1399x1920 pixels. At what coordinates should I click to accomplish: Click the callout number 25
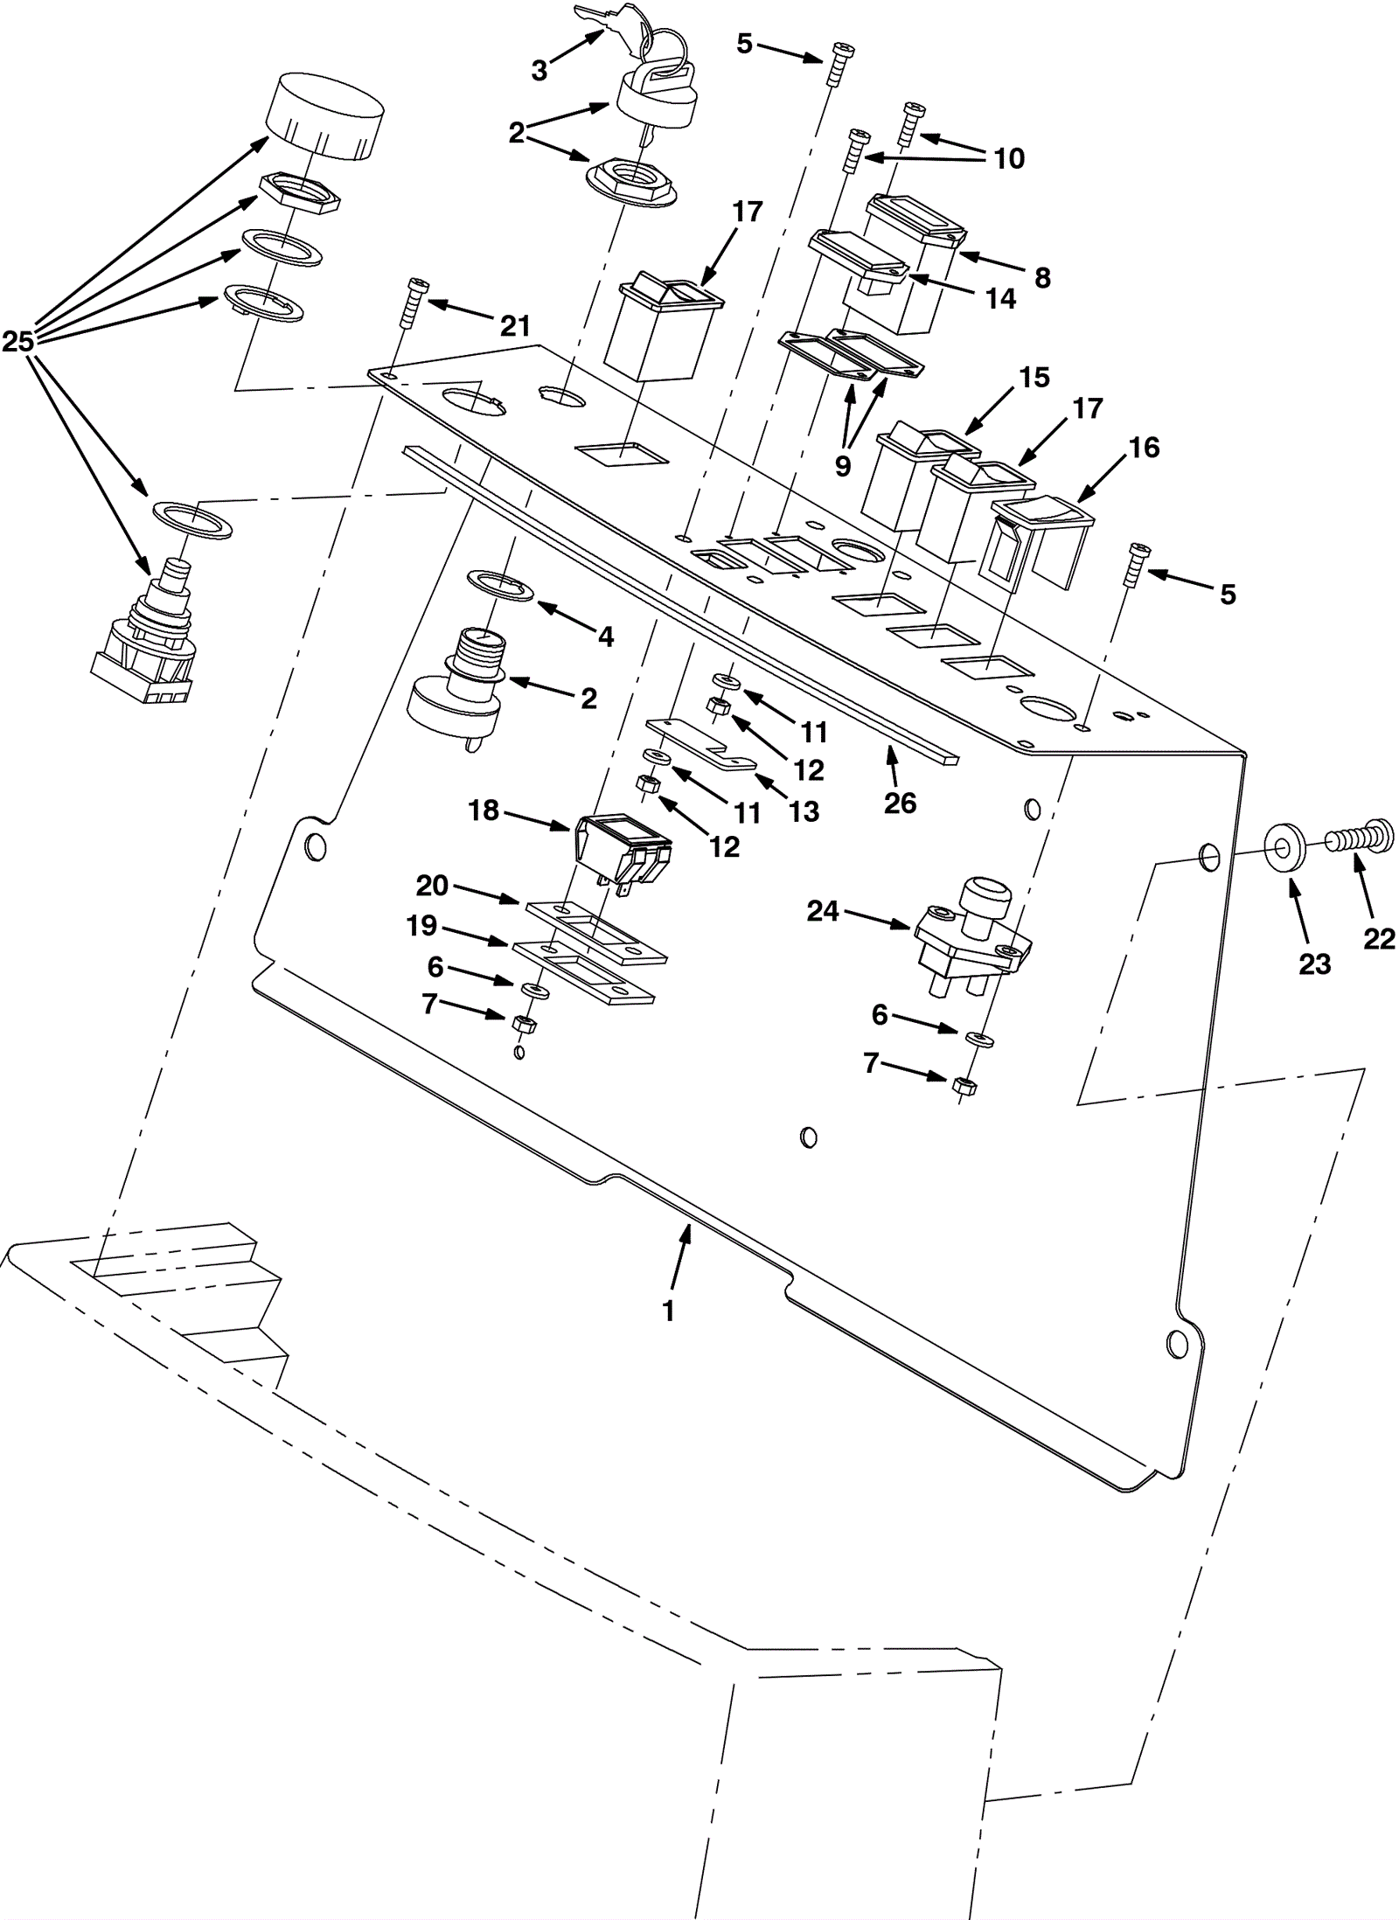click(17, 342)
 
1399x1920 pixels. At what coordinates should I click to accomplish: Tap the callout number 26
click(900, 803)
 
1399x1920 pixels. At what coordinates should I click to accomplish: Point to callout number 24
click(823, 911)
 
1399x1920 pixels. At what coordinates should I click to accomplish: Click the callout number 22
click(1379, 938)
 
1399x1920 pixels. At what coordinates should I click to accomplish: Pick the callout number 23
click(1314, 963)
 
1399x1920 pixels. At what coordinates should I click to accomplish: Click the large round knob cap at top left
click(325, 116)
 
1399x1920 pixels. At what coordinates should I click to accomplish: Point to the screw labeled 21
click(412, 303)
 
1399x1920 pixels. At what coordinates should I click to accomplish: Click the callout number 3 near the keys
click(539, 71)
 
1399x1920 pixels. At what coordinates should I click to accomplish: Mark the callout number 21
click(515, 326)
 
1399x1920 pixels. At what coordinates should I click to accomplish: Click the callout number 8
click(1042, 277)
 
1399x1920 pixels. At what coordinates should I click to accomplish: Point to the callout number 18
click(484, 810)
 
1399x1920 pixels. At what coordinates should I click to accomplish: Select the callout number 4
click(605, 637)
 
